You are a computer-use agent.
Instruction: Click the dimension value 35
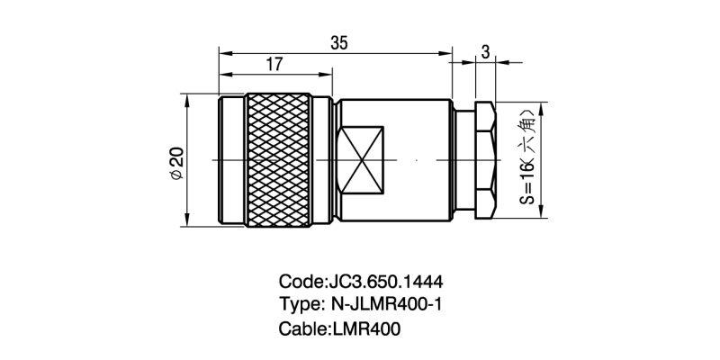click(339, 43)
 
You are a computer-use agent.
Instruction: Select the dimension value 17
click(274, 65)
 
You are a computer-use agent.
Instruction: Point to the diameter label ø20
click(175, 160)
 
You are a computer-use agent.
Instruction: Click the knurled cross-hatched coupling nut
click(278, 160)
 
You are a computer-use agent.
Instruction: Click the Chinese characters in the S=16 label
click(529, 130)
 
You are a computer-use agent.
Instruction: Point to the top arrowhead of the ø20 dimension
click(187, 98)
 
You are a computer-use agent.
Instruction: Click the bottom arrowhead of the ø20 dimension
click(187, 221)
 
